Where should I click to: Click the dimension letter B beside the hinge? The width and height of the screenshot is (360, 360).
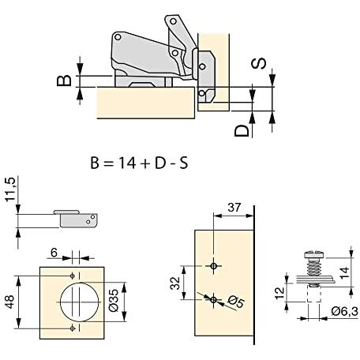(64, 81)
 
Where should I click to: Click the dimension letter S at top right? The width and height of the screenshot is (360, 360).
(259, 64)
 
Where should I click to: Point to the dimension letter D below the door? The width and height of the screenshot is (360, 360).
(242, 130)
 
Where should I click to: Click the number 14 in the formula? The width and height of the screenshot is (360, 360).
(127, 163)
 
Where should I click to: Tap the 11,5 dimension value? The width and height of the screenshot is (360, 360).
(10, 189)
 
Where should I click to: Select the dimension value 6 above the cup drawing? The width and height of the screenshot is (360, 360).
(54, 253)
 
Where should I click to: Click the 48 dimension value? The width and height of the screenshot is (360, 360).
(9, 302)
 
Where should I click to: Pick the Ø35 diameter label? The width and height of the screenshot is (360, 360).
(114, 301)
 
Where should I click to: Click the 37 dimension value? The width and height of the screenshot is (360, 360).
(234, 208)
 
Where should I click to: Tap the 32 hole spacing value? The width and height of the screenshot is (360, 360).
(174, 283)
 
